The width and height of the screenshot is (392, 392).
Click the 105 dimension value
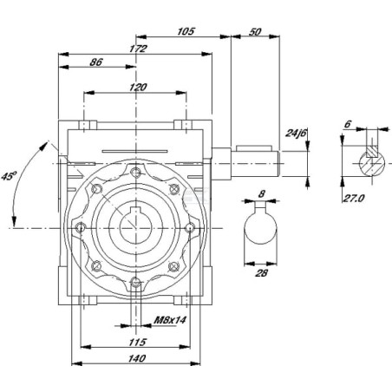(186, 31)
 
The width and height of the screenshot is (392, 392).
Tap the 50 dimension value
(255, 32)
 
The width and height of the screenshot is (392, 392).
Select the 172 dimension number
(138, 49)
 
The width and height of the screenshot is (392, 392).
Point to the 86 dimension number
(96, 62)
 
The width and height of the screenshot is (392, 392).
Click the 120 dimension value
(138, 87)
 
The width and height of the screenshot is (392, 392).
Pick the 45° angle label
(10, 176)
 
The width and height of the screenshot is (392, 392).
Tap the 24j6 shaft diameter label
(295, 133)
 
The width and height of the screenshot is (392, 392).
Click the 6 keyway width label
(348, 124)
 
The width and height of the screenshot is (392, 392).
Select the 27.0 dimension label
(353, 198)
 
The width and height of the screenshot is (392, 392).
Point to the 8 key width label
(261, 193)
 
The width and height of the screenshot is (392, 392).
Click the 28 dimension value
(261, 272)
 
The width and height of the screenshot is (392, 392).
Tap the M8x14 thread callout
(170, 320)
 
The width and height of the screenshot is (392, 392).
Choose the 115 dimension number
(137, 343)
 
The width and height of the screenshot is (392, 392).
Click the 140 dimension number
(136, 358)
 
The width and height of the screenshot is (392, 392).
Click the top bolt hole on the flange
(135, 173)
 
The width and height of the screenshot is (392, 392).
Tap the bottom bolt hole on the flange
(135, 283)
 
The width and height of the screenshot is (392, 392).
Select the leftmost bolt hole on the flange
(81, 228)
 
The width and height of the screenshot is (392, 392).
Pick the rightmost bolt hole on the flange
(190, 228)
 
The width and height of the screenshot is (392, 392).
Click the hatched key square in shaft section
(371, 151)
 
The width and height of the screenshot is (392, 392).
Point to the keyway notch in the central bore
(135, 211)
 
